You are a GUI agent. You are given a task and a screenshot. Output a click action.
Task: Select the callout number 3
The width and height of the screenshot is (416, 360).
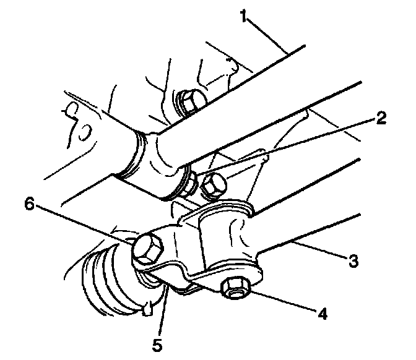pos(353,260)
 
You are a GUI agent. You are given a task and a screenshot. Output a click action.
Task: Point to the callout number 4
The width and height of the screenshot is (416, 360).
pos(322,313)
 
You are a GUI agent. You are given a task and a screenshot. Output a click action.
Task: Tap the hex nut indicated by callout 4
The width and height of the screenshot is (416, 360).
pos(232,286)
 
